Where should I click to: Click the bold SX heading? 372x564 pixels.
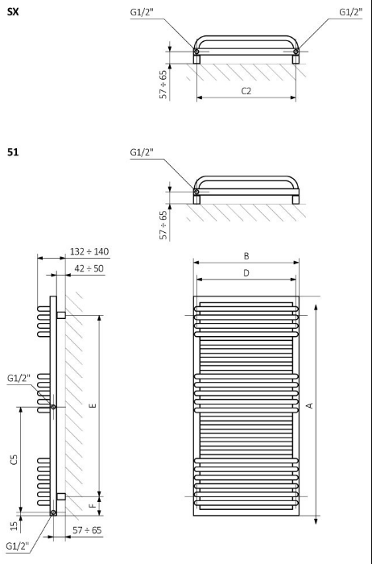point(13,12)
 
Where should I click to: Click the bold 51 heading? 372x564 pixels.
point(13,152)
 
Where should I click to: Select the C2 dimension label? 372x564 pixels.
point(246,91)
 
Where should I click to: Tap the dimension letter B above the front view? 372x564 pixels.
point(246,256)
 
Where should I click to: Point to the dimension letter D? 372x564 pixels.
point(246,273)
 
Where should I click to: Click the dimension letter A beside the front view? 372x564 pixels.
point(309,406)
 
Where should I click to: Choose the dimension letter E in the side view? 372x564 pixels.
point(93,406)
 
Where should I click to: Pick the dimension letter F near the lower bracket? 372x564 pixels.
point(93,505)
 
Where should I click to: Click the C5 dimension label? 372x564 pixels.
point(14,459)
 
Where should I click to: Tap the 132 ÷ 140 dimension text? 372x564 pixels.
point(89,251)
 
